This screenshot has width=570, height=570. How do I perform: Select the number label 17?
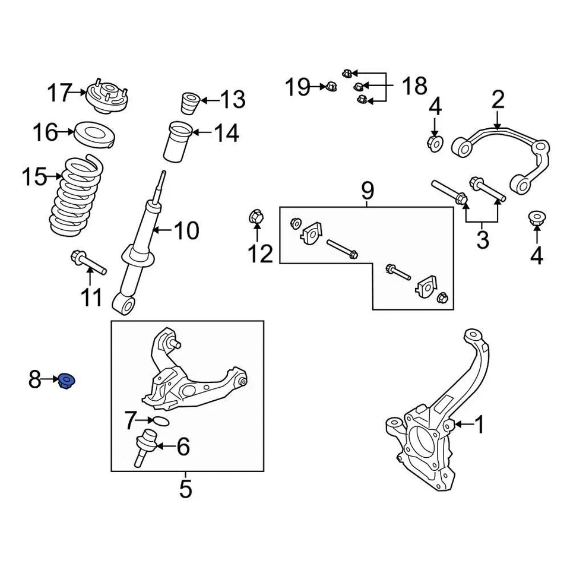point(59,93)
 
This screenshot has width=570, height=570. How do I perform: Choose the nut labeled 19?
point(330,87)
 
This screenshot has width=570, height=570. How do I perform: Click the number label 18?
point(414,87)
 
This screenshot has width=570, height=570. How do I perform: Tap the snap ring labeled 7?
point(160,421)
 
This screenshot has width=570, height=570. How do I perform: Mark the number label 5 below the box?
point(186,489)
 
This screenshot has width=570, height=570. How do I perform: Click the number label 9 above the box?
point(368,191)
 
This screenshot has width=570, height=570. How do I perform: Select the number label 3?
point(483,240)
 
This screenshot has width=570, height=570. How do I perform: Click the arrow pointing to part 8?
point(50,378)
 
